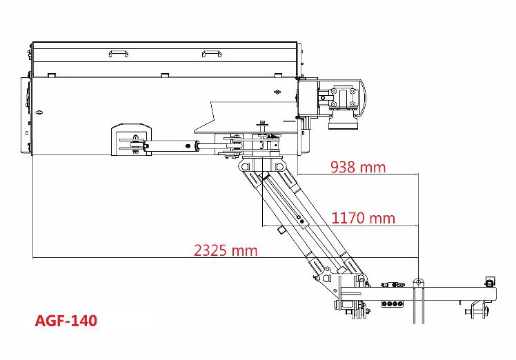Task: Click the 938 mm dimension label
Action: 358,167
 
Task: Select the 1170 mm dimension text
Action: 363,218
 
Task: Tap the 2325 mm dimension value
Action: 226,250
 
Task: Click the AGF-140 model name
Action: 66,321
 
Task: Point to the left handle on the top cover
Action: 119,53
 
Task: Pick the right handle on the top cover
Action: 212,53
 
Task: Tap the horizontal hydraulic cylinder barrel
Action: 170,146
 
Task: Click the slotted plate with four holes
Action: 392,303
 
